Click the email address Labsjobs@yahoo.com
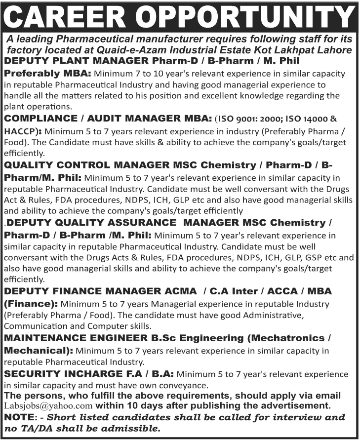[x=48, y=406]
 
